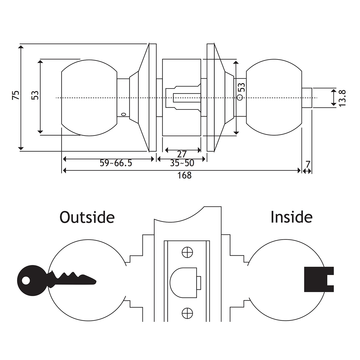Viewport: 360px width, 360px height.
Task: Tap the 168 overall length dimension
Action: pos(184,175)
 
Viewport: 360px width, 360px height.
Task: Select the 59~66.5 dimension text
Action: pos(116,163)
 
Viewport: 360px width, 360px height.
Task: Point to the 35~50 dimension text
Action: pos(182,163)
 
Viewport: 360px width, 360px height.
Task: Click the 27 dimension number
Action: pos(182,154)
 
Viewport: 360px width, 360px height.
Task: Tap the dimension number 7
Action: pos(308,164)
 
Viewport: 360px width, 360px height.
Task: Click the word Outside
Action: pos(87,217)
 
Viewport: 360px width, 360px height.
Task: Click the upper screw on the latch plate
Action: pos(187,252)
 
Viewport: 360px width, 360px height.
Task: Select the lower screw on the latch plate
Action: pos(187,313)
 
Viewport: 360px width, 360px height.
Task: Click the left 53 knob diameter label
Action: pos(35,95)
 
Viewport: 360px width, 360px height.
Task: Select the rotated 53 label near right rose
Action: pos(242,88)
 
